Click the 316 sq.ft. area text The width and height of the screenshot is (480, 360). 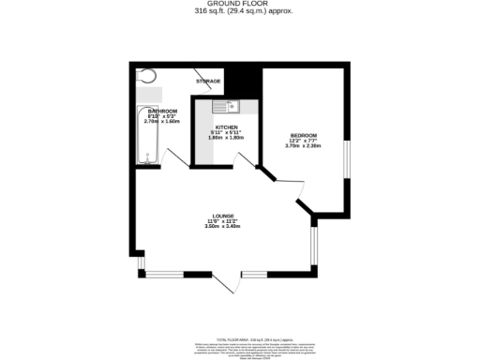coord(239,13)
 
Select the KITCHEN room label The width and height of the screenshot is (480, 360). coord(226,127)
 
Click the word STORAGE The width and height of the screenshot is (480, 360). coord(208,82)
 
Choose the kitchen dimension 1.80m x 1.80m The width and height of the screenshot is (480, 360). coord(226,139)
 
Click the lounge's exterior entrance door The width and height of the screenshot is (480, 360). coord(225,283)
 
